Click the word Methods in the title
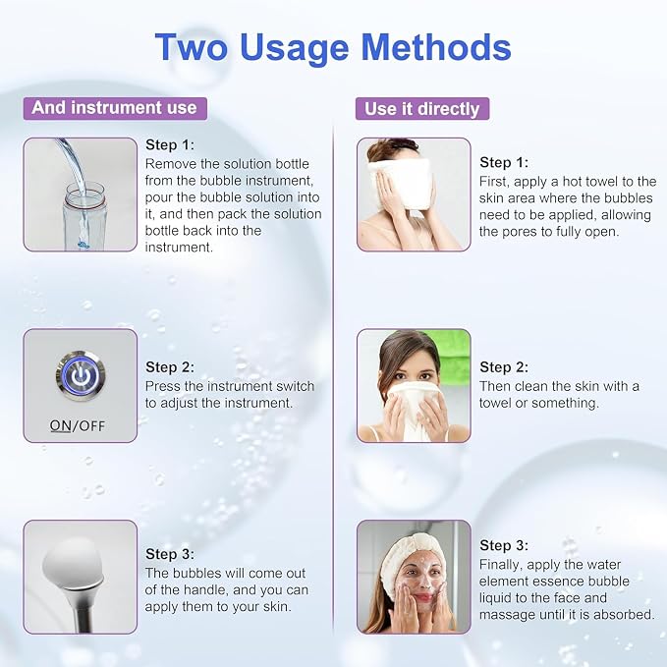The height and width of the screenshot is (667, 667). coord(436,47)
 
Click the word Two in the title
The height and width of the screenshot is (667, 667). coord(191,47)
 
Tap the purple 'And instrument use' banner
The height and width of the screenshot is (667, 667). coord(115,108)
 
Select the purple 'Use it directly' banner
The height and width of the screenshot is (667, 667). coord(422,108)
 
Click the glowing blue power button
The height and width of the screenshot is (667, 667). coord(80,375)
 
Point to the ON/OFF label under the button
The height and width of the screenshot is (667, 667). coord(77,425)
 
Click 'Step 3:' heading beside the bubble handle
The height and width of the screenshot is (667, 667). coord(170,554)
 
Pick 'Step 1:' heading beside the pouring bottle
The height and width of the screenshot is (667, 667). coord(170,144)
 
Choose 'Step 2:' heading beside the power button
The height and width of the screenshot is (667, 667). coord(170,366)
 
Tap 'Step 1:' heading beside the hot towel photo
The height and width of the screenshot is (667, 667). coord(504,162)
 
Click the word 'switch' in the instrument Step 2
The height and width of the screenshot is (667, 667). coord(295,386)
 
